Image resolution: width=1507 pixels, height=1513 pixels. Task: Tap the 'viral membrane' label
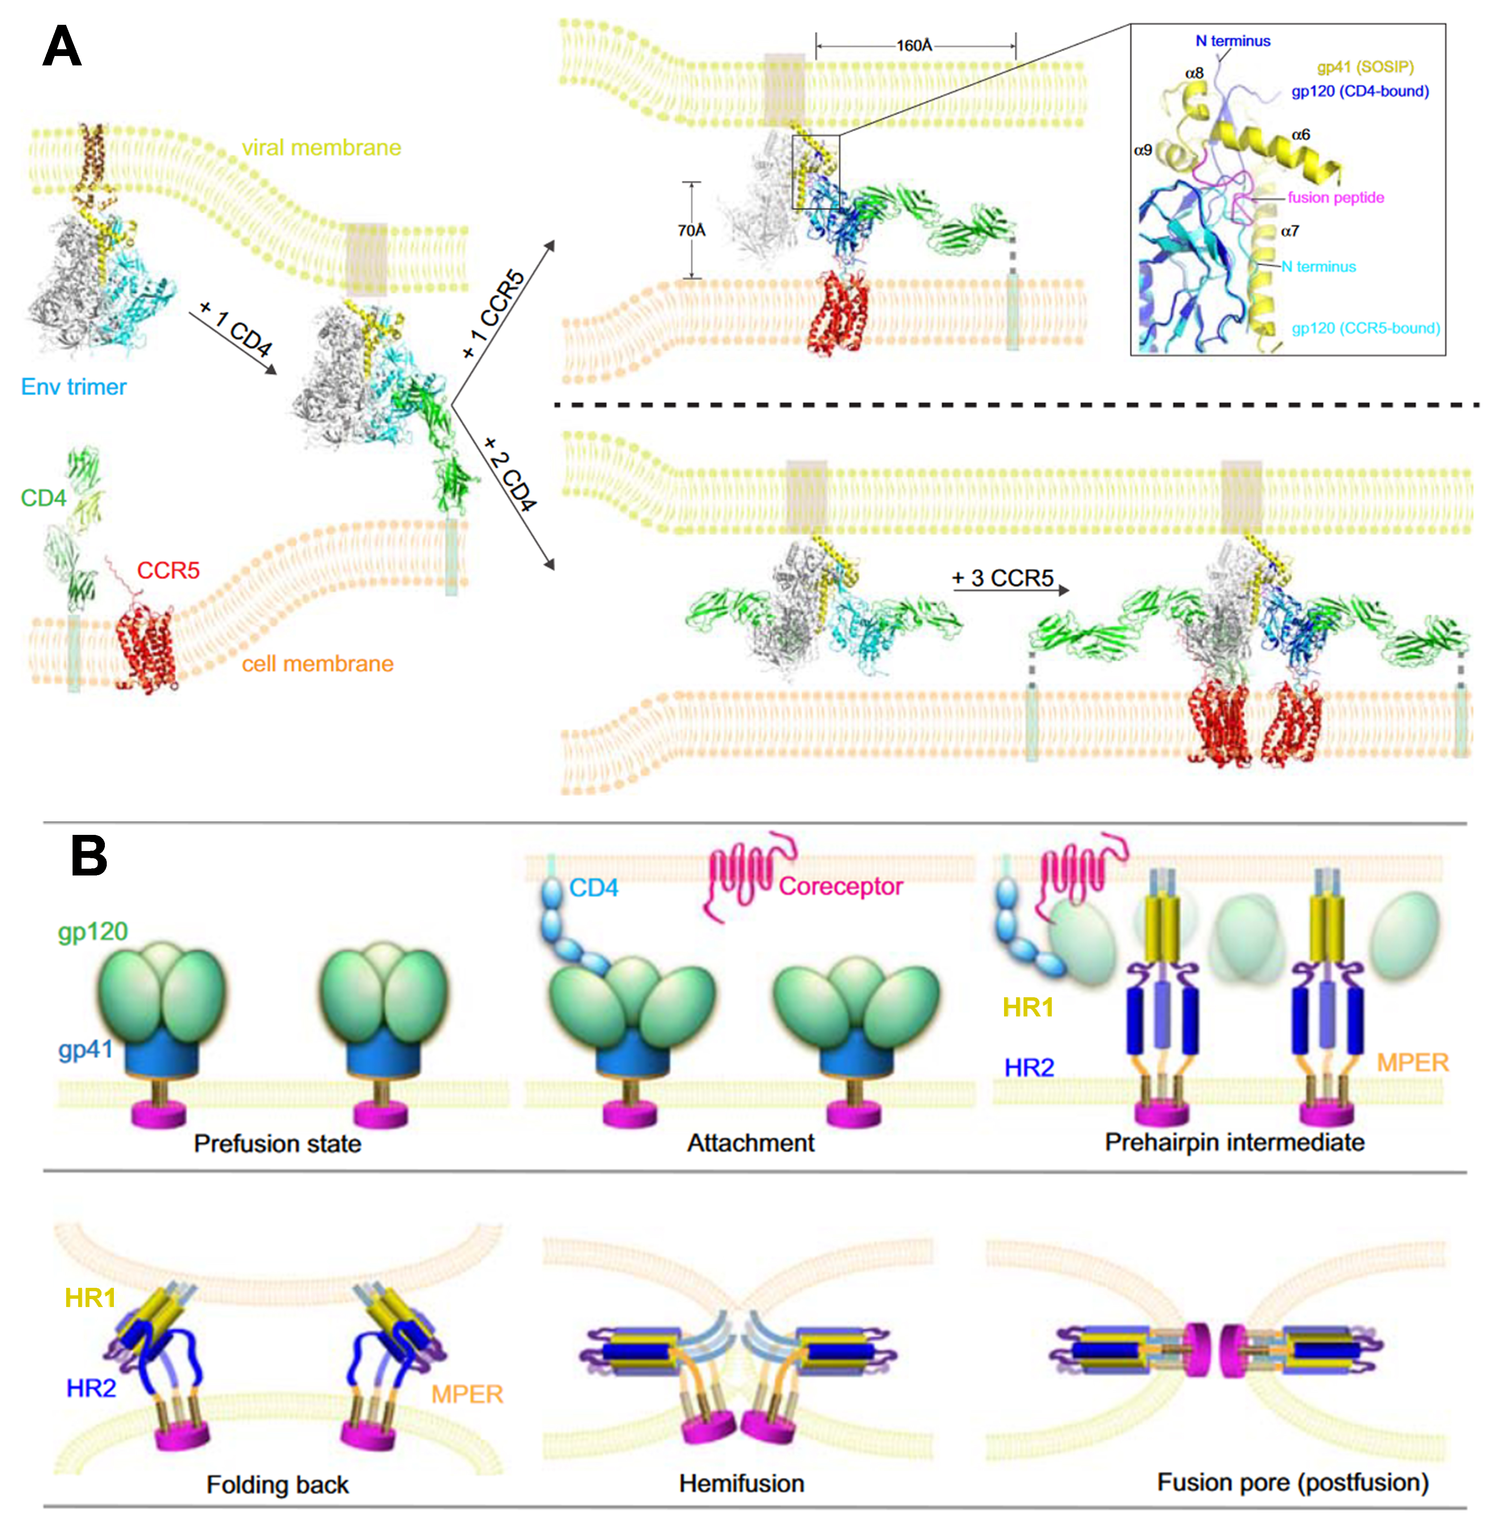[321, 147]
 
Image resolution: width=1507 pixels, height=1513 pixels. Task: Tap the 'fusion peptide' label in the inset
[1336, 197]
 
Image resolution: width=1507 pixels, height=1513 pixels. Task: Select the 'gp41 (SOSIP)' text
[1365, 67]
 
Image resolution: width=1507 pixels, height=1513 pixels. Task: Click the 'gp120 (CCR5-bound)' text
[1365, 328]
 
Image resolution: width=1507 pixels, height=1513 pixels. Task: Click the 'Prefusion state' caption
[277, 1143]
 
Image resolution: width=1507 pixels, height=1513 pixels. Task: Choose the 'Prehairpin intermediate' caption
[1234, 1142]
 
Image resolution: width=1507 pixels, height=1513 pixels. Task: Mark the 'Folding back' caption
[277, 1484]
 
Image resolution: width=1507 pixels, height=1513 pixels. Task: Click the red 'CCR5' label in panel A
[168, 570]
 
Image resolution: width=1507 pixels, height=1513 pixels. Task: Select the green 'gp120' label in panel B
[92, 931]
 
